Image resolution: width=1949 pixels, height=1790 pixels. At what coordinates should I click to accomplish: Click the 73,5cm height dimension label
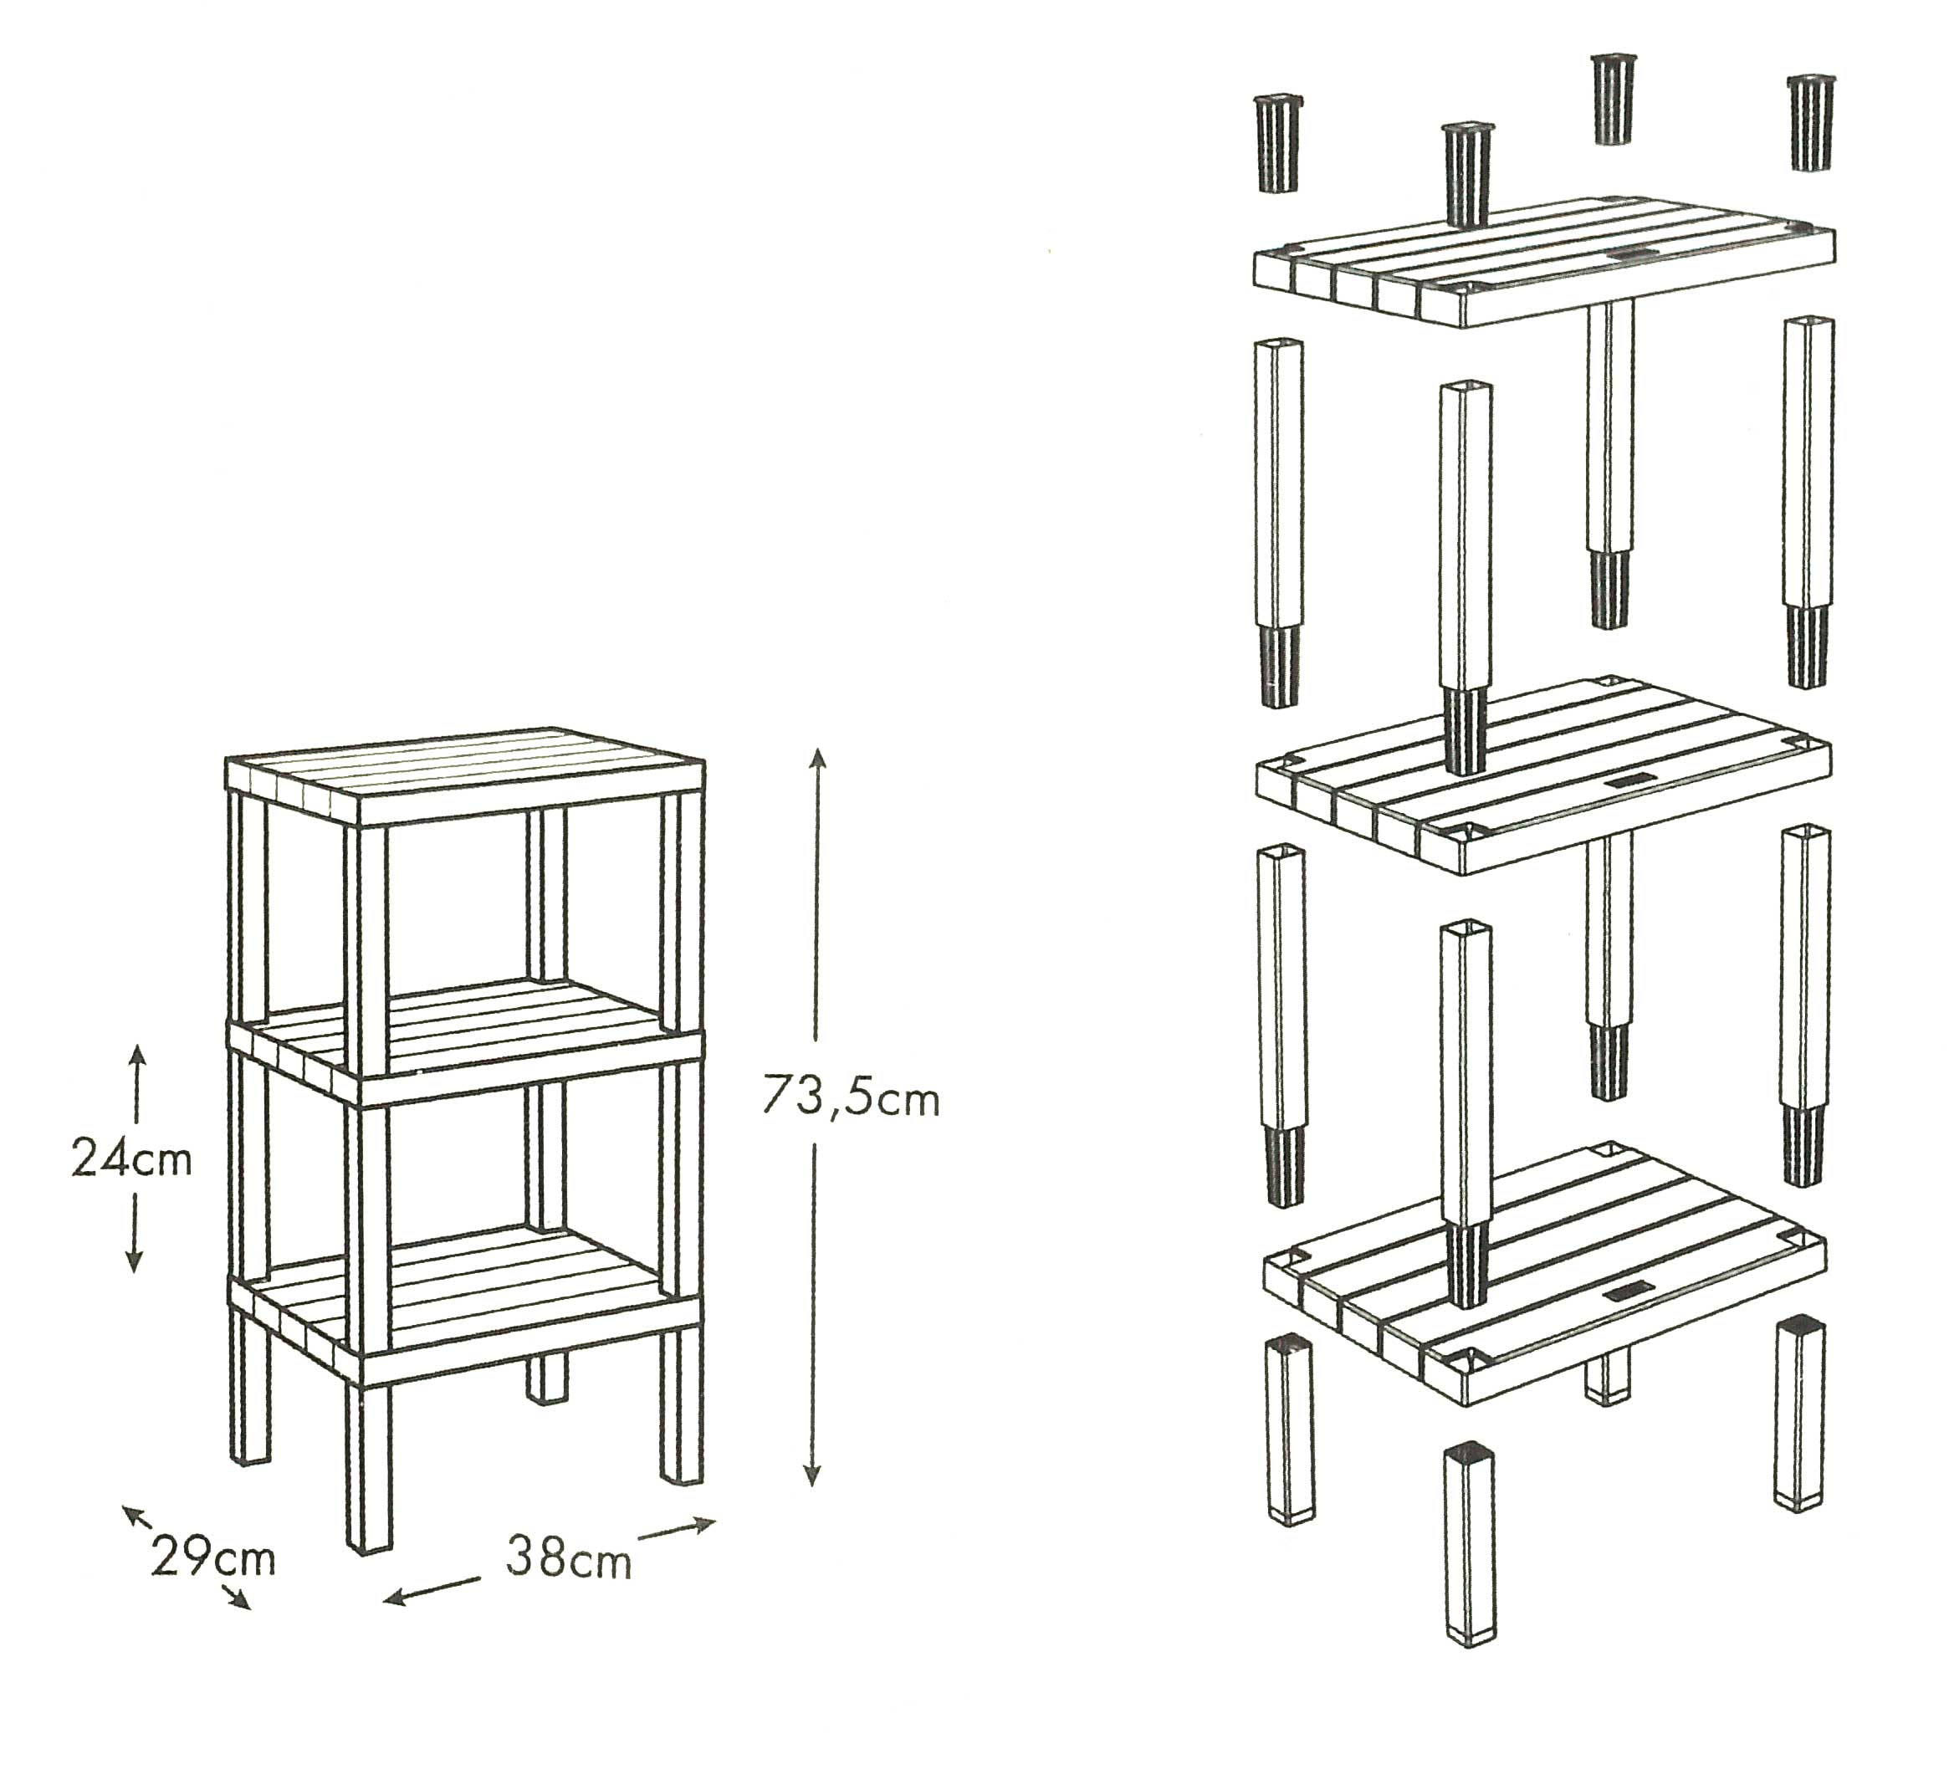coord(851,1097)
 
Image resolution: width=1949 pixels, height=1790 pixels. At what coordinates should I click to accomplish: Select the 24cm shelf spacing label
coord(131,1159)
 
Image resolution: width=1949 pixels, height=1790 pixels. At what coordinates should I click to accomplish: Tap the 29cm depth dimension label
coord(213,1558)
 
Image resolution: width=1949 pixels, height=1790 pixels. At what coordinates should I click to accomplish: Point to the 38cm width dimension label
coord(568,1558)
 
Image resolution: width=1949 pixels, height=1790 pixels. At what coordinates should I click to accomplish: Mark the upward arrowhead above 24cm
coord(136,1056)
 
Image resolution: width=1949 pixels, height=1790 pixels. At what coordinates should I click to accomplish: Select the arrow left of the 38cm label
coord(432,1589)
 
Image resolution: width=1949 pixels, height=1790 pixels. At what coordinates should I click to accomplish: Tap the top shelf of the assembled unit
coord(465,775)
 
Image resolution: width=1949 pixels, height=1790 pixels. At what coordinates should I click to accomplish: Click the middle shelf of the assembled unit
coord(465,1042)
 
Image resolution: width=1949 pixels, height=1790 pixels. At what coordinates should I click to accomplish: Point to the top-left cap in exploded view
coord(1279,143)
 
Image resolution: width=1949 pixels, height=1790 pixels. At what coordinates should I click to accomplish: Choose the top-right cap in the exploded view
coord(1810,122)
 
